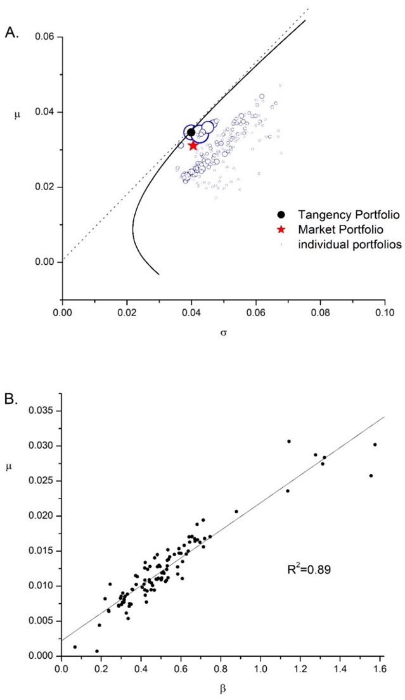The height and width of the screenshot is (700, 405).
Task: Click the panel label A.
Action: point(12,33)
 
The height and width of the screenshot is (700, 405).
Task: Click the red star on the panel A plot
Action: point(193,146)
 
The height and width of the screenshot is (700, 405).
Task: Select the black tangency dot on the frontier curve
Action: point(191,132)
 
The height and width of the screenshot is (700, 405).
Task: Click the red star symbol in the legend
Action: point(281,229)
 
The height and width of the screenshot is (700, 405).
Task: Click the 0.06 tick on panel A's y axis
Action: point(46,37)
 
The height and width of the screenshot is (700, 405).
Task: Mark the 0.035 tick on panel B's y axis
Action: point(42,411)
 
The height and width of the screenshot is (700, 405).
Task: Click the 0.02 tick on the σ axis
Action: point(127,312)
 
